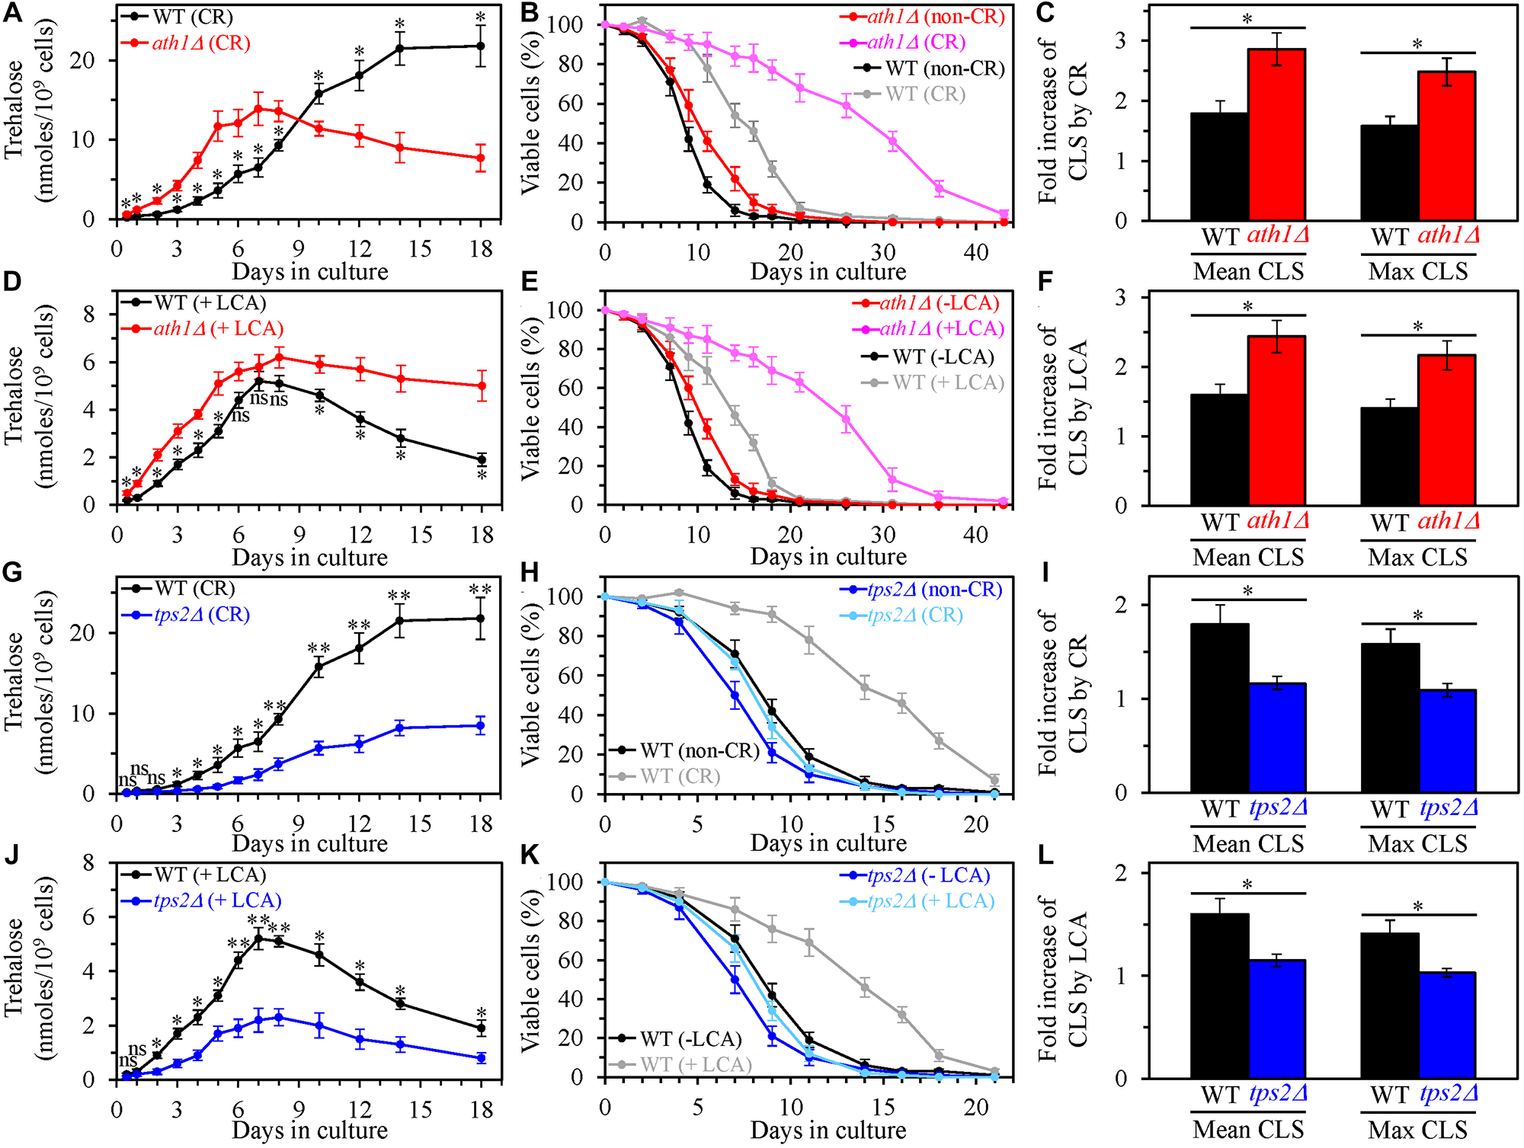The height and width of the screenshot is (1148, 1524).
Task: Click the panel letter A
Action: [x=12, y=14]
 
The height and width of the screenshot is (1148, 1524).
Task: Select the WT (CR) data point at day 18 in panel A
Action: [x=480, y=46]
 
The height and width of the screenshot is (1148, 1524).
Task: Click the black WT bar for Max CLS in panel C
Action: [x=1389, y=173]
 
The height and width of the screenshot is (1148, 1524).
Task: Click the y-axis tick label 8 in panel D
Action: [x=89, y=315]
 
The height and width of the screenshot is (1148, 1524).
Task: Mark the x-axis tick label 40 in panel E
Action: [x=976, y=535]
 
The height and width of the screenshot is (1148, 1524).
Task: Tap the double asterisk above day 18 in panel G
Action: [x=480, y=590]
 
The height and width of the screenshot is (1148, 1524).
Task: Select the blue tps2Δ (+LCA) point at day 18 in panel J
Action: [x=481, y=1058]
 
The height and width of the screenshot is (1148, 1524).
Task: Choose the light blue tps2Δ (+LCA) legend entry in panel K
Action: [x=930, y=901]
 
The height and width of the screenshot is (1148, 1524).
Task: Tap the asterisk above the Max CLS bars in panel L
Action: [x=1417, y=907]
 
